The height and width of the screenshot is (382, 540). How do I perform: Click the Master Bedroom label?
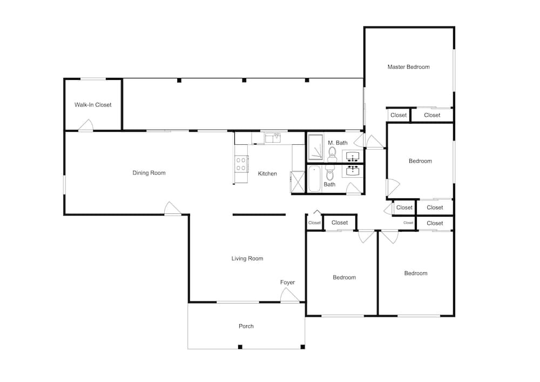point(408,67)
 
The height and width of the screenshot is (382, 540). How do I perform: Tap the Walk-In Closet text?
point(93,105)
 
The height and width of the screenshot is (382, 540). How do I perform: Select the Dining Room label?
point(149,173)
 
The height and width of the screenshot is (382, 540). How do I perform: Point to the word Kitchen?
point(267,173)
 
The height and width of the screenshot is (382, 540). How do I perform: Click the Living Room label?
point(247,258)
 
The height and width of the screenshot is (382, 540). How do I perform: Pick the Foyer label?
point(288,283)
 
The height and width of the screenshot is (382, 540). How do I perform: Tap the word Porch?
point(246,326)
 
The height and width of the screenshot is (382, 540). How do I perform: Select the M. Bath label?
point(337,143)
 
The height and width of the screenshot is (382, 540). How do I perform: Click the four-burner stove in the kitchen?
point(241,164)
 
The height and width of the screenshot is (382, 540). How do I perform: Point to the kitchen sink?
point(273,138)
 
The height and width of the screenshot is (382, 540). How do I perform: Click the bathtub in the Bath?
point(314,178)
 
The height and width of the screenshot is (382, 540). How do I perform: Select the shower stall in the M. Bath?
point(315,148)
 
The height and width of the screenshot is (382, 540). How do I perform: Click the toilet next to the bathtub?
point(329,173)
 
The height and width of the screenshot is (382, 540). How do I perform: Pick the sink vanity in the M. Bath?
point(352,156)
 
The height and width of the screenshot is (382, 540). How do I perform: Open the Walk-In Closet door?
point(86,125)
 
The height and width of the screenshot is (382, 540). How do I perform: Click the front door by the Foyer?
point(289,296)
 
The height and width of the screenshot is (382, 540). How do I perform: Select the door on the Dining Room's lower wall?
point(173,209)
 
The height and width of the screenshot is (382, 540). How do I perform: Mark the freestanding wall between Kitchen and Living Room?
point(259,215)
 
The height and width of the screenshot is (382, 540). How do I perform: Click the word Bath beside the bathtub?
point(329,184)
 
